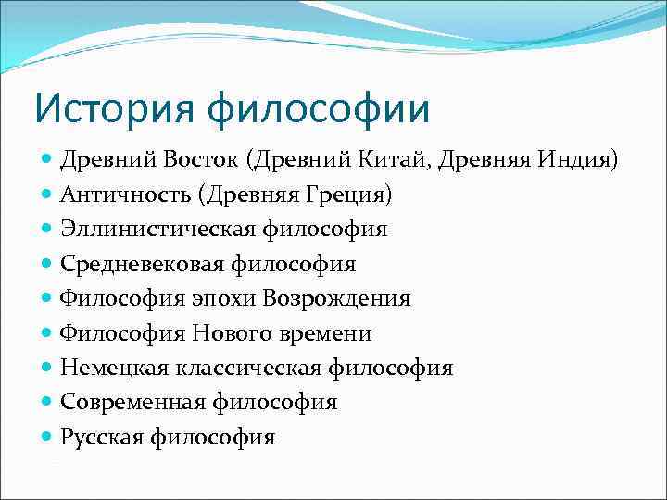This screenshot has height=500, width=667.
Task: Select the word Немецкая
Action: (x=114, y=368)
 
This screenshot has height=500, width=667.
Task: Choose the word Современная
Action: (x=133, y=402)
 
